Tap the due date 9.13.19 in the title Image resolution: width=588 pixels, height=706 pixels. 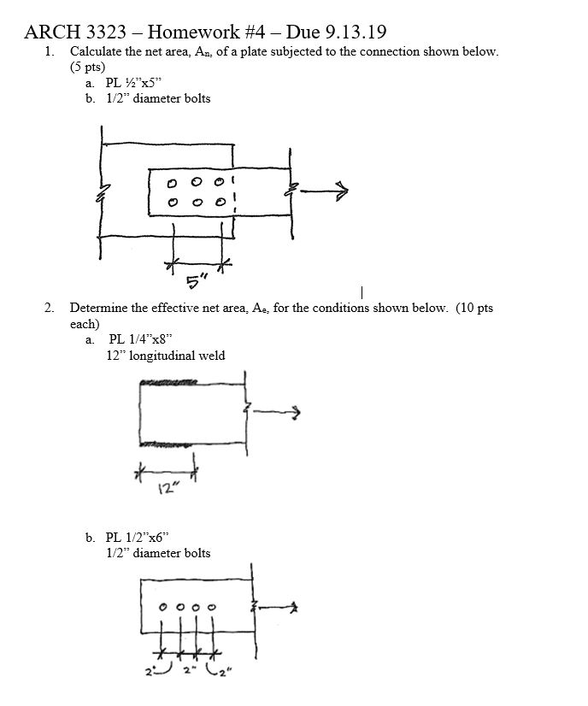point(353,32)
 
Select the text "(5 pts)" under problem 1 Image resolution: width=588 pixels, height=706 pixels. point(87,67)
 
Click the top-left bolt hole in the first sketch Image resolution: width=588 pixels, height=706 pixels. point(173,183)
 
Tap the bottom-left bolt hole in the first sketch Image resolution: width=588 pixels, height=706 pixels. point(173,203)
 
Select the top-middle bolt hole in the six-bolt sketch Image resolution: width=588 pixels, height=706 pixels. point(197,182)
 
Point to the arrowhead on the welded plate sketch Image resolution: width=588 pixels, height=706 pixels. point(296,414)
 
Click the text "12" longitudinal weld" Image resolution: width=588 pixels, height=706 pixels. point(166,356)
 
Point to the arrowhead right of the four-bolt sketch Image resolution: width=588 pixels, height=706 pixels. point(291,609)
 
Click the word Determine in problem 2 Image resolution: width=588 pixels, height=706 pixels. point(98,308)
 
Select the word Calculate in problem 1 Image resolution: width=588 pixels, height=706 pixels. point(97,51)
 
